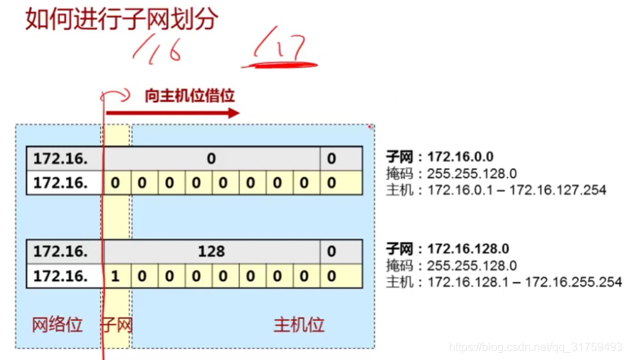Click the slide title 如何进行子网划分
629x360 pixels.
121,18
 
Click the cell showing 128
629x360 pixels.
211,251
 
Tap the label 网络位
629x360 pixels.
58,325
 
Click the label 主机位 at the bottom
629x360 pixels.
299,325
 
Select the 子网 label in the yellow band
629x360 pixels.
117,325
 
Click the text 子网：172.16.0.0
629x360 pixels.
440,157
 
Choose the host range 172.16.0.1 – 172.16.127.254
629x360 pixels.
495,190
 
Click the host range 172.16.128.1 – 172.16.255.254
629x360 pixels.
502,282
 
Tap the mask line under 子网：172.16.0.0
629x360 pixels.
451,173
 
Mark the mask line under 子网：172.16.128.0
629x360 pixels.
451,265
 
